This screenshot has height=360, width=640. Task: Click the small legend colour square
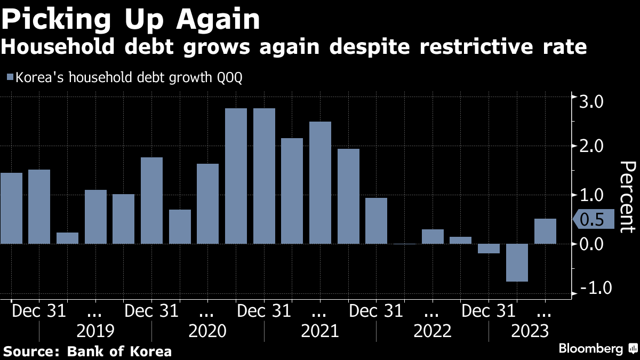tap(10, 78)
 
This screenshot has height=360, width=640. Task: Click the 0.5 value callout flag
tap(594, 220)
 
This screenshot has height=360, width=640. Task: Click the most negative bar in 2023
tap(517, 262)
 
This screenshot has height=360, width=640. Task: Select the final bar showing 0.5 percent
tap(545, 231)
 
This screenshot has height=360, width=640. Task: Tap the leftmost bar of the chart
tap(11, 209)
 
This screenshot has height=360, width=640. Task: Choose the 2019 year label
tap(95, 331)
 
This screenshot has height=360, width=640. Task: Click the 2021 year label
tap(320, 331)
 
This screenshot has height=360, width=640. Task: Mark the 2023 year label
tap(530, 331)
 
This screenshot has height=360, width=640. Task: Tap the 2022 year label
tap(433, 331)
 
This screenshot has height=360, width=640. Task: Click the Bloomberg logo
tap(590, 349)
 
